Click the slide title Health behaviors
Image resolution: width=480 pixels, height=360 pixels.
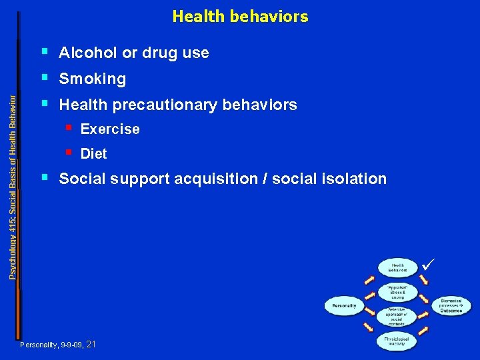240,16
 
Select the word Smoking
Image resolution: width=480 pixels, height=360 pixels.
92,79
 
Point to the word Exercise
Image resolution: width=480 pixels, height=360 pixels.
110,129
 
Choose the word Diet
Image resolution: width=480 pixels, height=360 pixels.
93,154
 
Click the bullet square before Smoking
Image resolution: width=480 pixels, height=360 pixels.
44,77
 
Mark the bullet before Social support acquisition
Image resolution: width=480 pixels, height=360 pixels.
44,177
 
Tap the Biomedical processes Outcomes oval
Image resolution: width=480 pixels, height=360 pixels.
451,306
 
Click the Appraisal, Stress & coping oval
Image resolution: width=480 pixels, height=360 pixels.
398,291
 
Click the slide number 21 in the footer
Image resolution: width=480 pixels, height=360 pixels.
91,344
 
